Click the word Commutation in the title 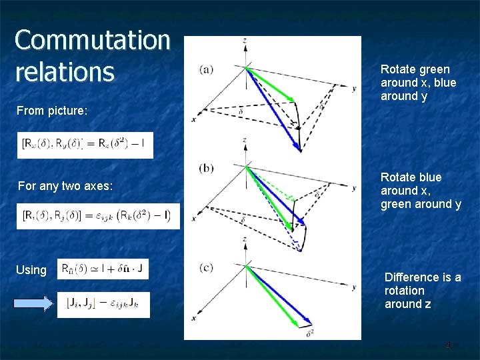click(92, 40)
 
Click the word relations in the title click(65, 72)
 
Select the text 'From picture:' click(53, 111)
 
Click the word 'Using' click(31, 270)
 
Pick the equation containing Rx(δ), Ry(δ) click(85, 145)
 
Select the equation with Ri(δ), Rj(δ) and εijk click(97, 216)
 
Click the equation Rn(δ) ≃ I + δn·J click(103, 269)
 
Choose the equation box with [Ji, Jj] click(103, 305)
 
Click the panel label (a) click(207, 69)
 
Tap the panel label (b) click(207, 167)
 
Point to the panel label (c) click(207, 267)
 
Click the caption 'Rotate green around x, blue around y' click(418, 83)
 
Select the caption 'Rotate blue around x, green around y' click(421, 191)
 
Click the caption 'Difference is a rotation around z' click(423, 291)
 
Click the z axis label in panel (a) click(245, 41)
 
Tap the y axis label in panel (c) click(353, 287)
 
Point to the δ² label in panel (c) click(310, 333)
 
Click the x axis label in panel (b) click(193, 218)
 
